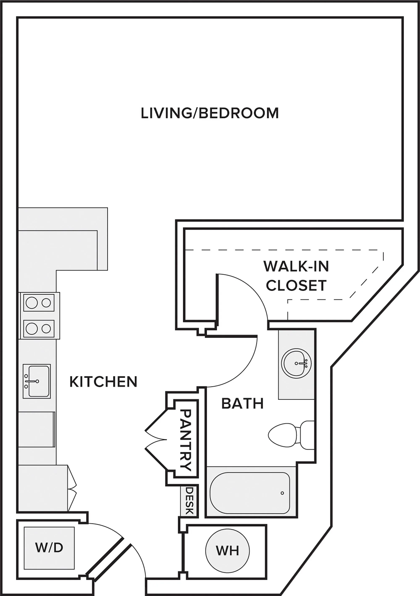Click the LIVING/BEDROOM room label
pos(210,113)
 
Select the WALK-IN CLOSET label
pos(296,276)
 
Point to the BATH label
pos(243,404)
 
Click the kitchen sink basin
pos(38,381)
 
